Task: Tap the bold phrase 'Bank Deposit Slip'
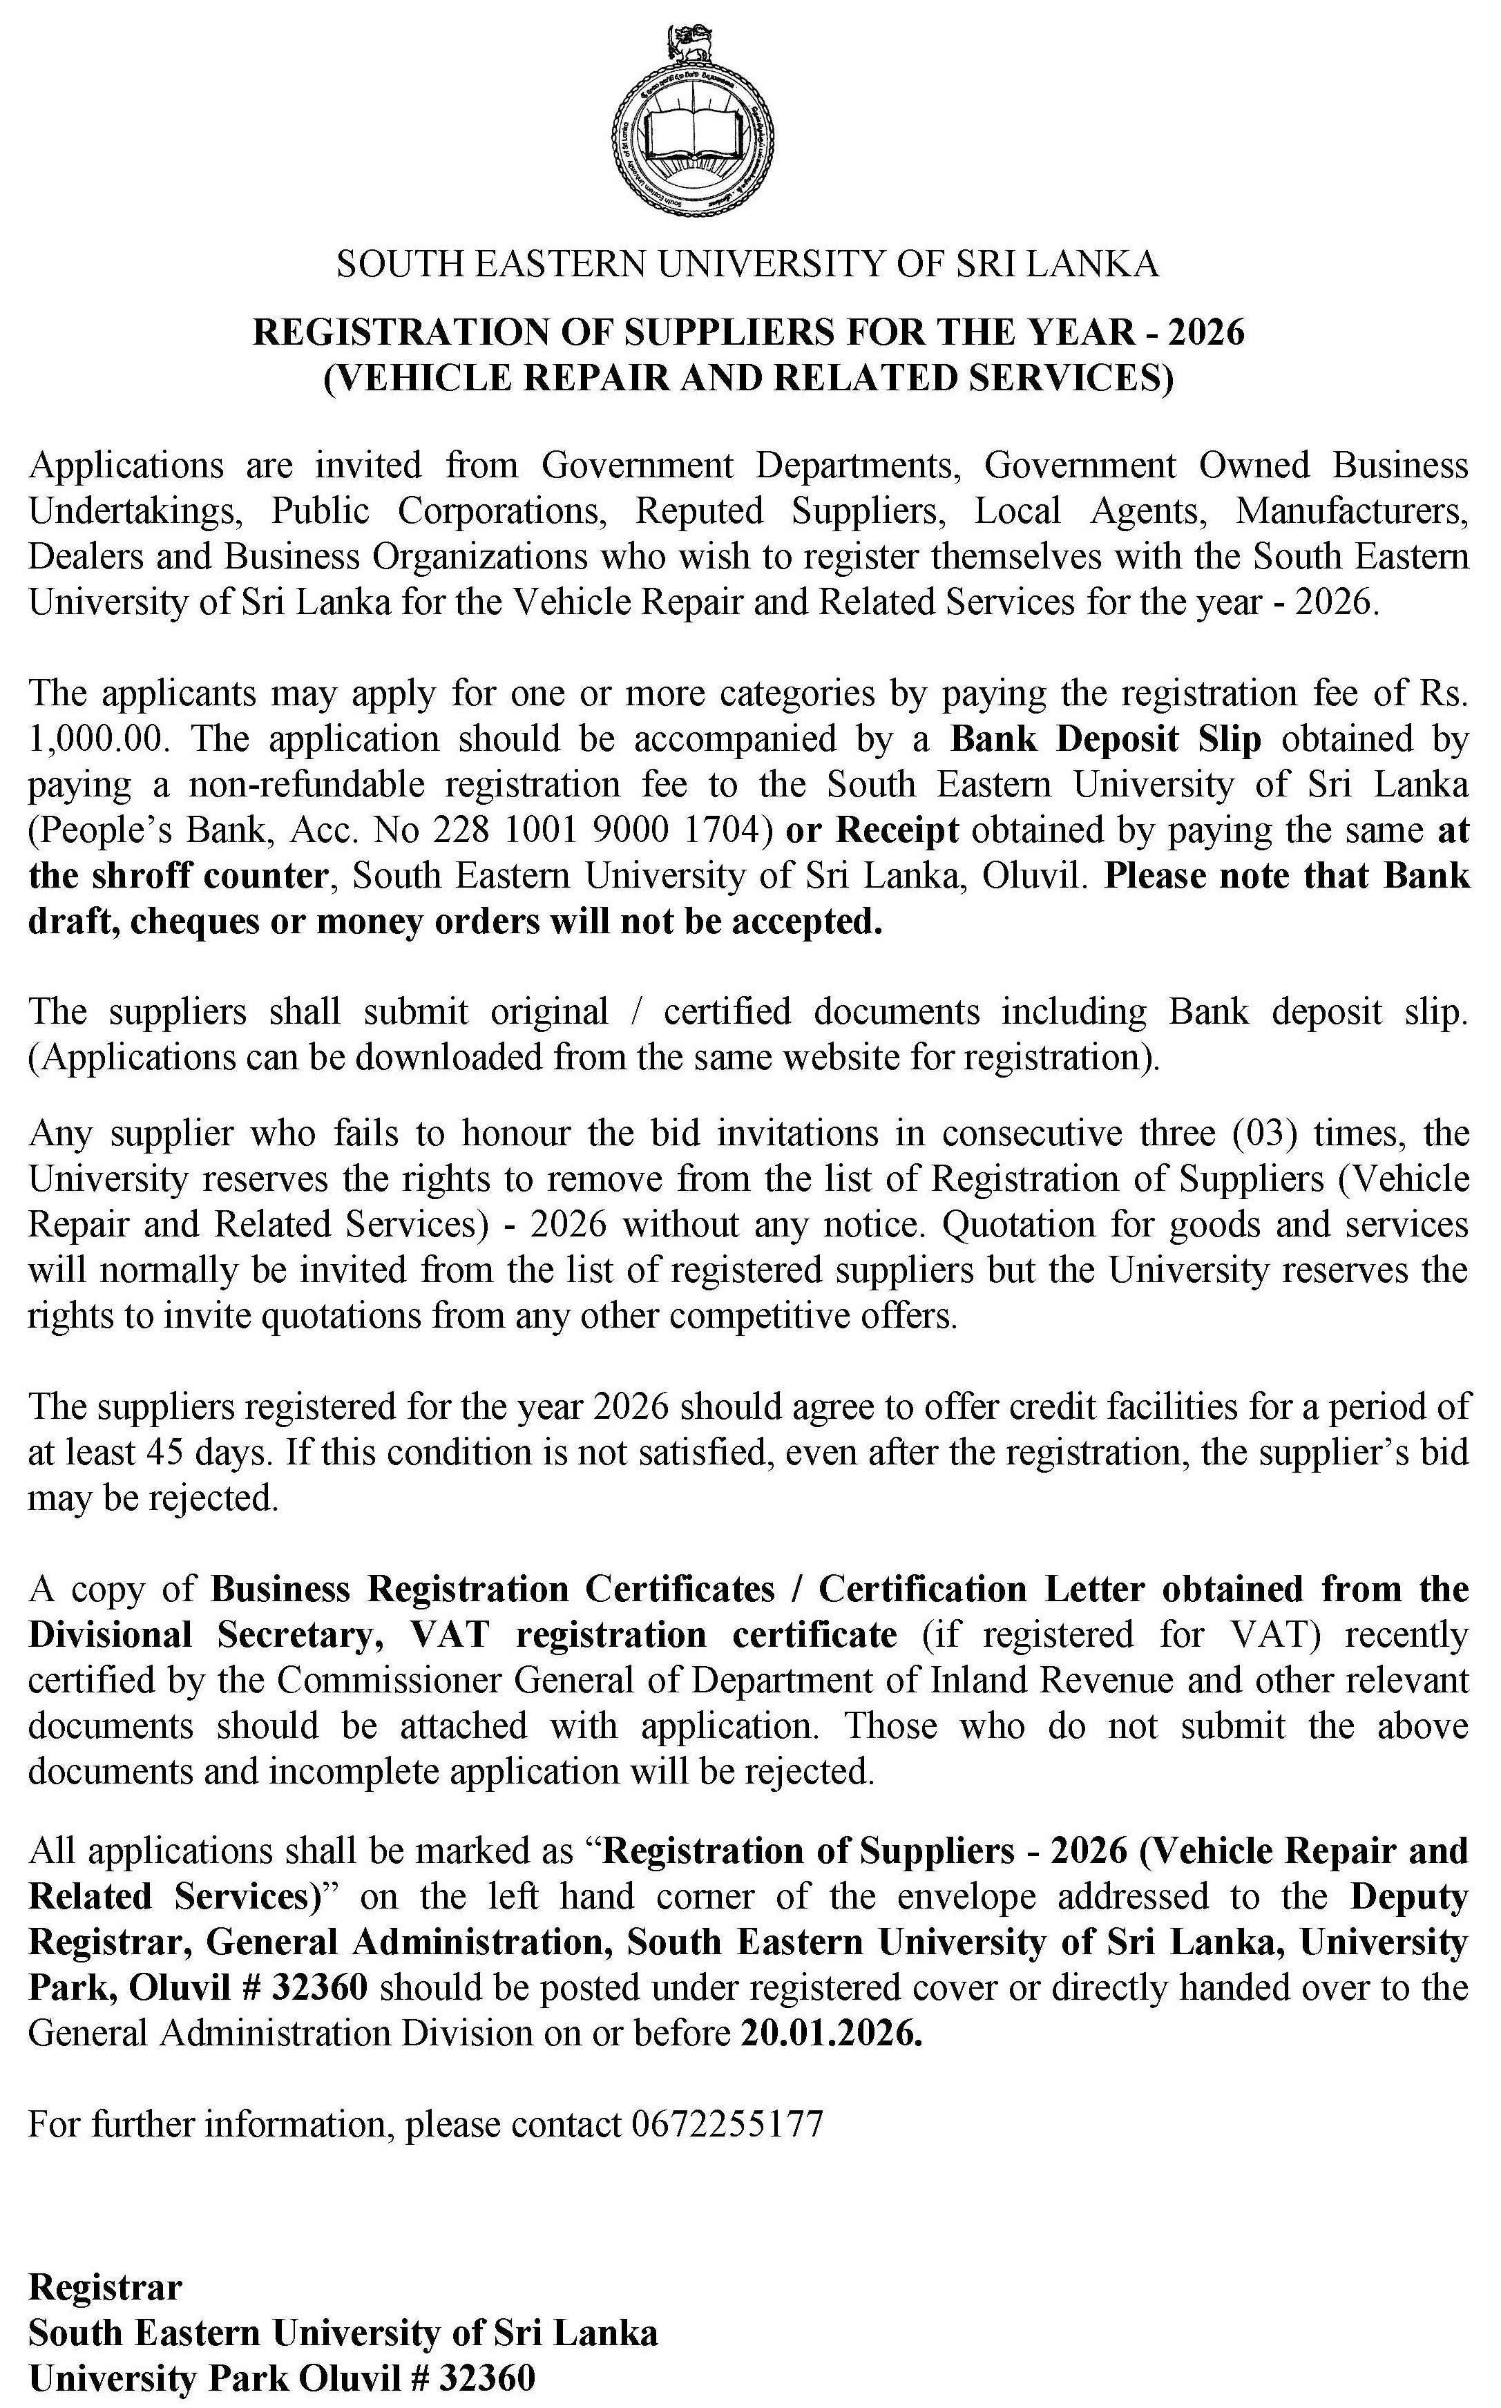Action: tap(1105, 740)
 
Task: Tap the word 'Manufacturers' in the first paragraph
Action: tap(1351, 511)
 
